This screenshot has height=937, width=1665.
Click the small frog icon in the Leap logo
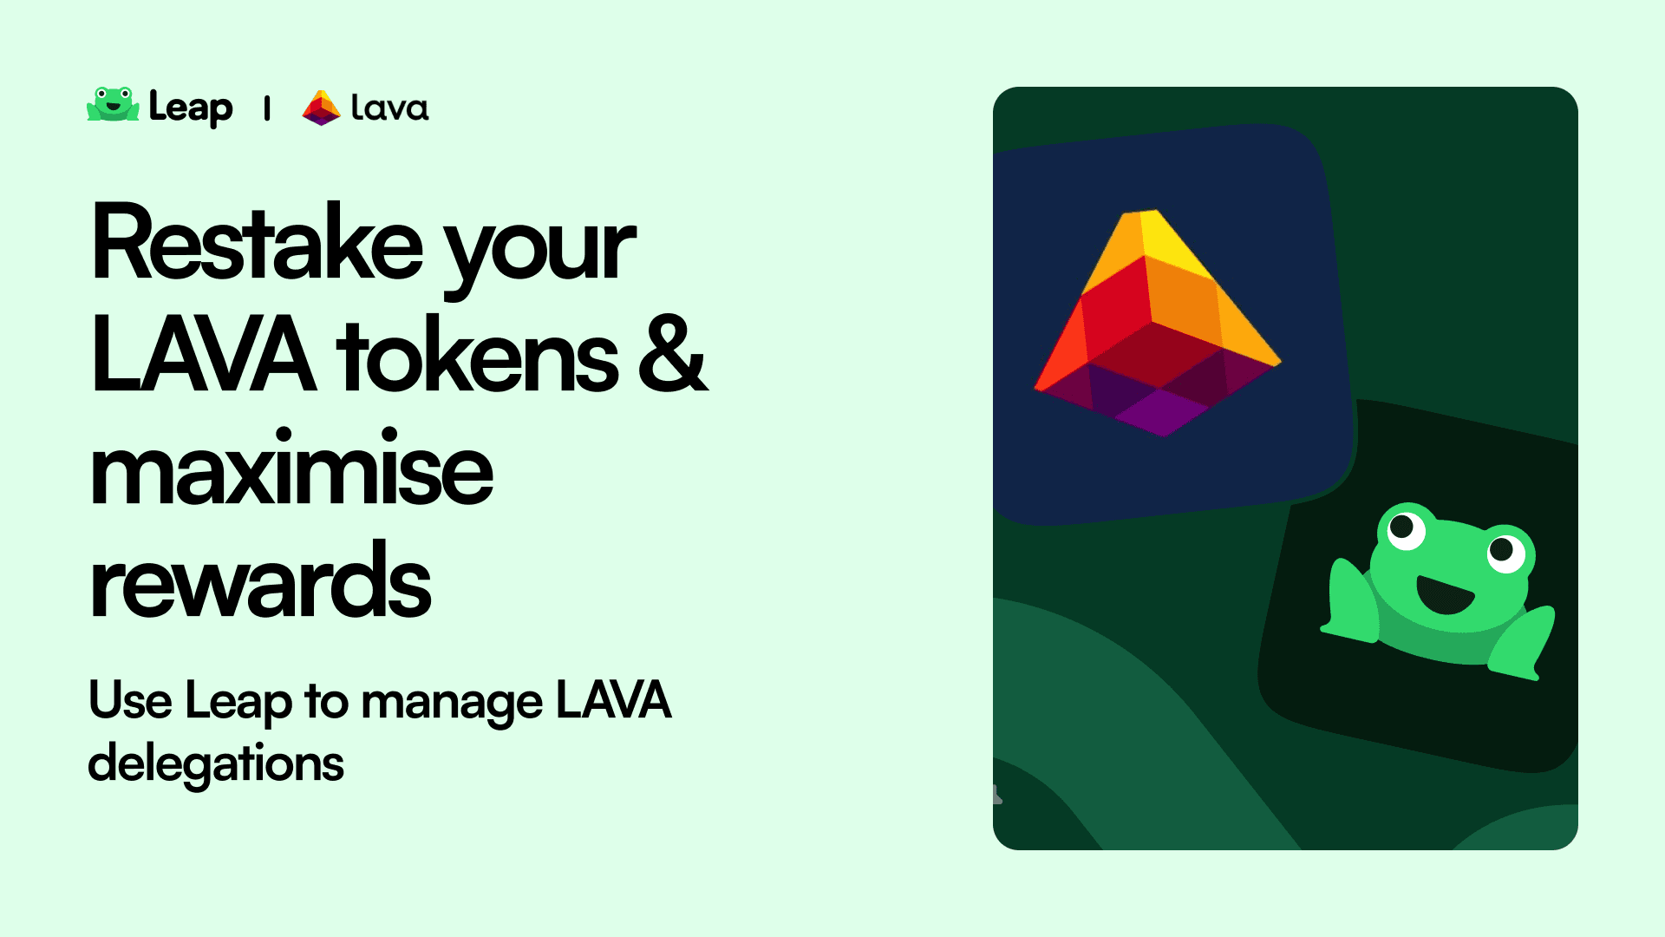(x=113, y=104)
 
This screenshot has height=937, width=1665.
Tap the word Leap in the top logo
(x=191, y=108)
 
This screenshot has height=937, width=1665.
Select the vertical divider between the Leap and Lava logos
(x=267, y=108)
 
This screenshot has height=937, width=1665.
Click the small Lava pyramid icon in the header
(x=321, y=108)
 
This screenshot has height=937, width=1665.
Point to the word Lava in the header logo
(x=389, y=108)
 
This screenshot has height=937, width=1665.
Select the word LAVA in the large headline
(x=203, y=356)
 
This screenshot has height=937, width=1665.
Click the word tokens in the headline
(x=478, y=356)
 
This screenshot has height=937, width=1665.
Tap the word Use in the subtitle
(x=130, y=700)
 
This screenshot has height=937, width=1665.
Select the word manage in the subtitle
(x=452, y=703)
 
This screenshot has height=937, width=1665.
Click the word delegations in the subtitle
(x=216, y=764)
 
